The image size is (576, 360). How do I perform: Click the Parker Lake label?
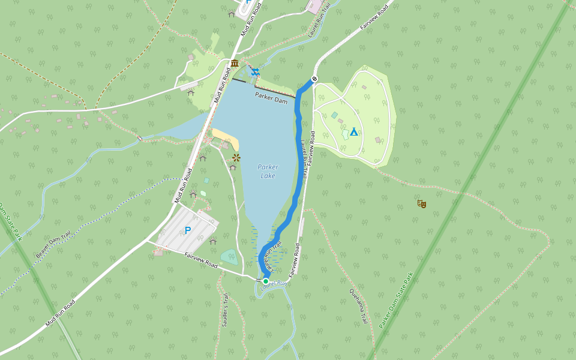pyautogui.click(x=268, y=171)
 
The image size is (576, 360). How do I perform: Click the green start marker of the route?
pyautogui.click(x=266, y=281)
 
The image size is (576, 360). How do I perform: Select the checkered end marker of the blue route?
pyautogui.click(x=314, y=79)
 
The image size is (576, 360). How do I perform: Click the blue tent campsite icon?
pyautogui.click(x=354, y=131)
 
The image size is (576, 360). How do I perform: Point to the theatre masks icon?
pyautogui.click(x=422, y=204)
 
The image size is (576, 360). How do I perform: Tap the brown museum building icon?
pyautogui.click(x=234, y=64)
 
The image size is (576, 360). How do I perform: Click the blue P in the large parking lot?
pyautogui.click(x=188, y=230)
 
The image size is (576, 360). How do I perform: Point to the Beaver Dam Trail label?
pyautogui.click(x=53, y=244)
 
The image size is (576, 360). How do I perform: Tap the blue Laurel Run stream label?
pyautogui.click(x=275, y=283)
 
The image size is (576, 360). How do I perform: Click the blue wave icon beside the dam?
pyautogui.click(x=256, y=72)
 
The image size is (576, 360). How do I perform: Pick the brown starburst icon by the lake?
pyautogui.click(x=236, y=158)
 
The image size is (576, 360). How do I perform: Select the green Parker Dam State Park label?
pyautogui.click(x=397, y=301)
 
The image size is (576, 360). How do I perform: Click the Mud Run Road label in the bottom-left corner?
pyautogui.click(x=60, y=313)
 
